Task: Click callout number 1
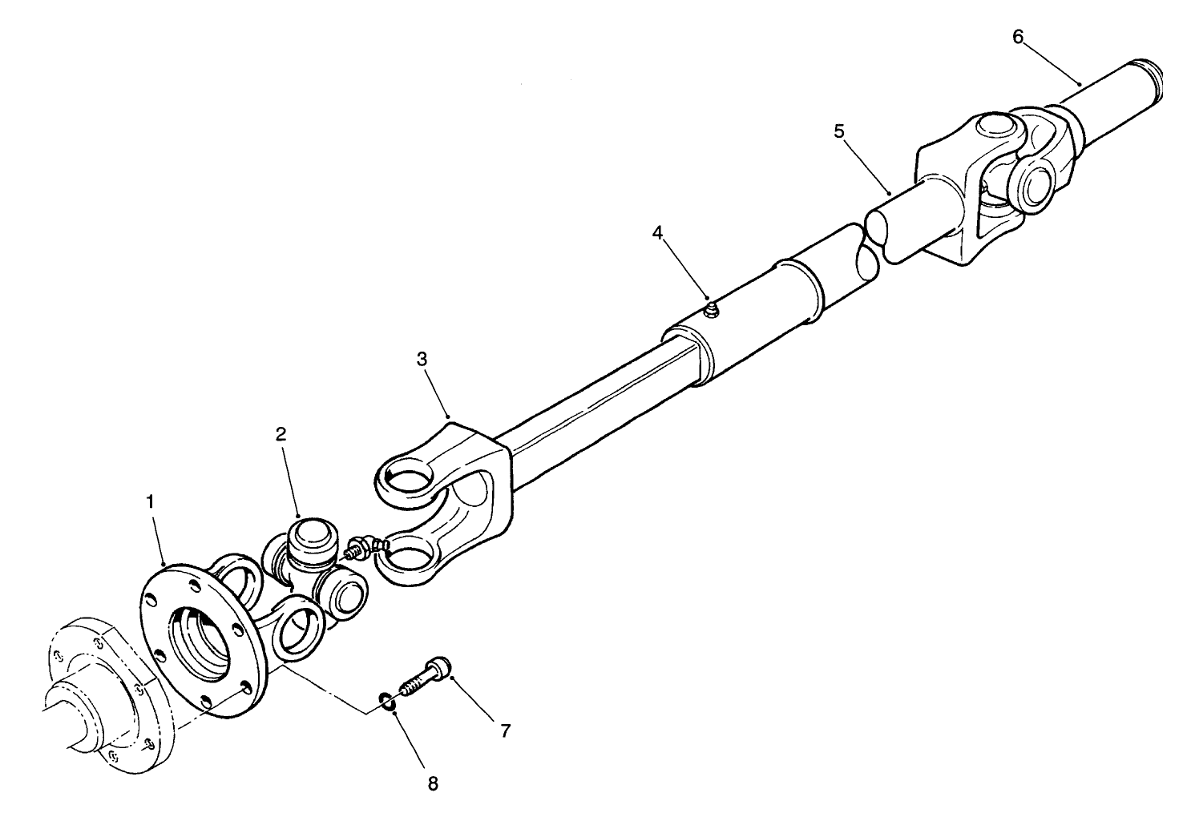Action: tap(150, 501)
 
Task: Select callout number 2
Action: tap(281, 435)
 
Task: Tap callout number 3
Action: tap(422, 360)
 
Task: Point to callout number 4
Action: tap(658, 234)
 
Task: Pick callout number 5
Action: tap(839, 131)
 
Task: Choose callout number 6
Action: tap(1018, 38)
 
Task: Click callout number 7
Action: tap(505, 730)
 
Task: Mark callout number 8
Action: tap(433, 783)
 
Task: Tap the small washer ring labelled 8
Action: tap(388, 702)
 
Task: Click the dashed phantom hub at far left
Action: tap(88, 689)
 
